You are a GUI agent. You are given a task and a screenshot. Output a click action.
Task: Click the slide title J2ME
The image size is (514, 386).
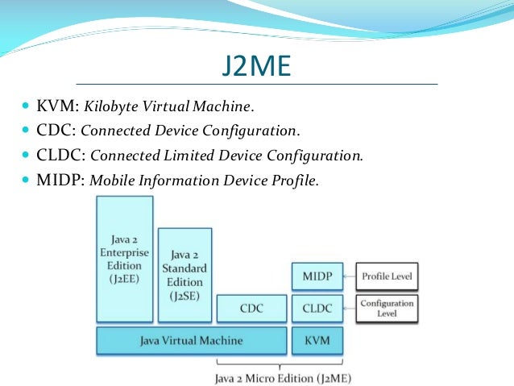click(255, 64)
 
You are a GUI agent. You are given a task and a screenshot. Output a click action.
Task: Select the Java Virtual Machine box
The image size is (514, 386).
click(191, 340)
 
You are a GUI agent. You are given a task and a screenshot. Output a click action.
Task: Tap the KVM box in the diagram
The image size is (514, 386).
click(316, 340)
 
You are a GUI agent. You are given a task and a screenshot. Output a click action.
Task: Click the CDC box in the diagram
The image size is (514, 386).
click(251, 308)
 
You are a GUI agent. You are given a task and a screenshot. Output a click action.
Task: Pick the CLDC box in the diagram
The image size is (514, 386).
click(316, 308)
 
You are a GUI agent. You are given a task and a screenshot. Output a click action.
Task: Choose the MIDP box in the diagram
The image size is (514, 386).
click(316, 276)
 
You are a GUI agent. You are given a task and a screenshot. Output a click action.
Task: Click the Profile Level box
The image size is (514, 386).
click(386, 276)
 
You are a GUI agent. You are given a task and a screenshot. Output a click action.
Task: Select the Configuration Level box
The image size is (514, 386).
click(386, 308)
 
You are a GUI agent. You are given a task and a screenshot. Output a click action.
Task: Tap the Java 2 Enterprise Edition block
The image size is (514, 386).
click(124, 259)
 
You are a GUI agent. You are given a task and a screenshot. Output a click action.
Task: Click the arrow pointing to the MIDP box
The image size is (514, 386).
click(349, 276)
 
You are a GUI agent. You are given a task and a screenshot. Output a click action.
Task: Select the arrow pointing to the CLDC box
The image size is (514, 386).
click(349, 308)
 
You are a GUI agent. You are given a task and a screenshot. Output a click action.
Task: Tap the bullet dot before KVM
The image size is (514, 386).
click(26, 106)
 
